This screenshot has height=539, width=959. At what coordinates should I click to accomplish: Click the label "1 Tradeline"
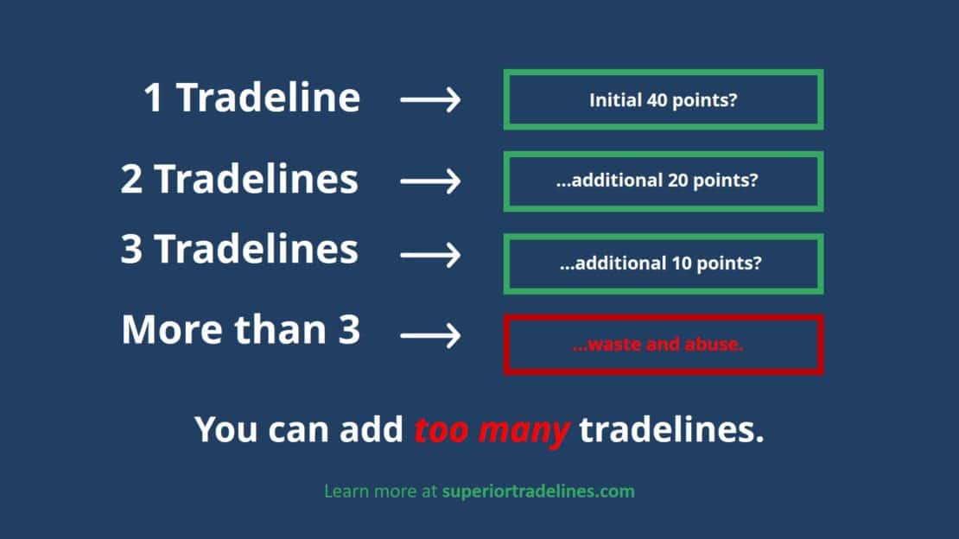coord(251,98)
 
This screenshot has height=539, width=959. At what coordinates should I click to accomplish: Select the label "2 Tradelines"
coord(239,180)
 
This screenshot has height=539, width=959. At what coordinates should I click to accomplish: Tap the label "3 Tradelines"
coord(239,250)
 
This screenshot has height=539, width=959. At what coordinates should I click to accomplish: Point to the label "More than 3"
coord(240,330)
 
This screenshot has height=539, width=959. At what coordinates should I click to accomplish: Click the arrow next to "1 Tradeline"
coord(430,100)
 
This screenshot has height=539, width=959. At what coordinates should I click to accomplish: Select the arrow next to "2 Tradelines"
coord(430,181)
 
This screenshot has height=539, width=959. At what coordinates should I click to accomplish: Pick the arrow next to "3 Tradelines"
coord(430,255)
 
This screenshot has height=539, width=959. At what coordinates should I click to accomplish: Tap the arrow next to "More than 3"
coord(430,335)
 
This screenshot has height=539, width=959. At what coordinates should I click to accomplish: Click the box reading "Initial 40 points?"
coord(663,100)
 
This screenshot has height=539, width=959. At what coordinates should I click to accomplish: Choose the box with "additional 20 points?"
coord(663,181)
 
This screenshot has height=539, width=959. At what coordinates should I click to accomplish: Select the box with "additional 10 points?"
coord(663,263)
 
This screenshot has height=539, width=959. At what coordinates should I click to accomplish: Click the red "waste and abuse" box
coord(663,345)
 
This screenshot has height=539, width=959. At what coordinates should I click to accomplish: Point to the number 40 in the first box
coord(656,100)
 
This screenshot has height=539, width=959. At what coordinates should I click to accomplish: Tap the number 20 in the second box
coord(677,181)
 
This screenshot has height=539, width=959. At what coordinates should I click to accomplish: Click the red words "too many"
coord(492,429)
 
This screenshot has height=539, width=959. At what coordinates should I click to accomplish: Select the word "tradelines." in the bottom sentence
coord(671,429)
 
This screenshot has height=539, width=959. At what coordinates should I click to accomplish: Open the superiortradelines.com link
coord(538,491)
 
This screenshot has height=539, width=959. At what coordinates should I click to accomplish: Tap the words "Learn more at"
coord(380,491)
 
